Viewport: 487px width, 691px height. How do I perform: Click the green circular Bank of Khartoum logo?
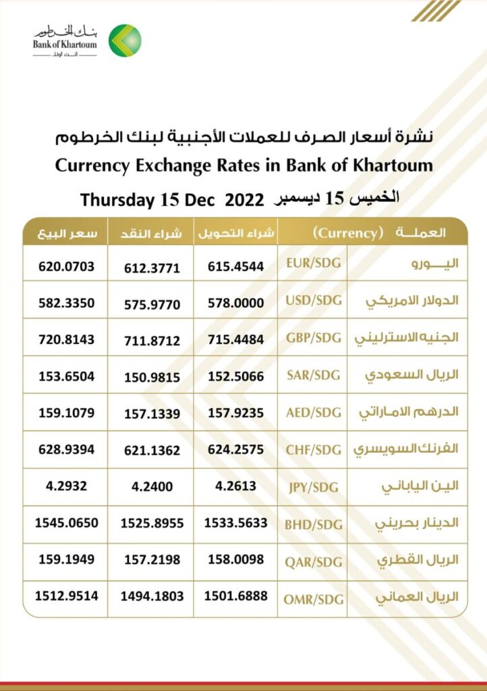pos(125,40)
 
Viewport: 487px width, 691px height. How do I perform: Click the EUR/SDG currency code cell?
pos(312,262)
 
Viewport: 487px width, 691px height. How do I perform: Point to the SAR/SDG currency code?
pos(312,375)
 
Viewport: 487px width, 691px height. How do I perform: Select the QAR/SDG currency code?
pos(312,562)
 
